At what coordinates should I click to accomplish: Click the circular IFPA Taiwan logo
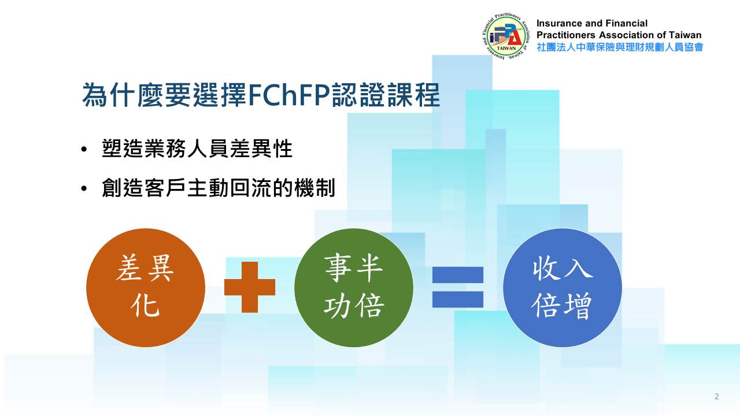coord(507,36)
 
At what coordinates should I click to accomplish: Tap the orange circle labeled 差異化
coord(146,288)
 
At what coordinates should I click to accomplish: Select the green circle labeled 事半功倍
coord(354,288)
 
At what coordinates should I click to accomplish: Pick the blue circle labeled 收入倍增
coord(563,288)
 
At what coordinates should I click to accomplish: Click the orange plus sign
coord(250,287)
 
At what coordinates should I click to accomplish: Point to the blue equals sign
coord(458,287)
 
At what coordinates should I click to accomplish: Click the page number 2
coord(716,396)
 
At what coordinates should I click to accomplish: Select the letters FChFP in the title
coord(288,95)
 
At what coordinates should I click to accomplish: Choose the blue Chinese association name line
coord(620,47)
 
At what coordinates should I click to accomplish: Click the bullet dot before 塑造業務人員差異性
coord(84,149)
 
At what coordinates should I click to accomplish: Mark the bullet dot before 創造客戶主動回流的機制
coord(84,188)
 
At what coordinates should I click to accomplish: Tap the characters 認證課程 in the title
coord(386,95)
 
